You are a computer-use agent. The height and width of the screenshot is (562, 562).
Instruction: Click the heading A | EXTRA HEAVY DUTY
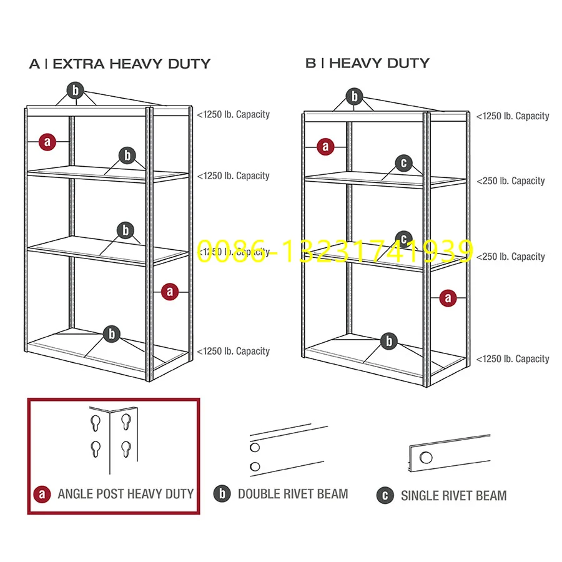tap(120, 64)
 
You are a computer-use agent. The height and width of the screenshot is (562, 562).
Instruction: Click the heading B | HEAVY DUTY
tap(367, 63)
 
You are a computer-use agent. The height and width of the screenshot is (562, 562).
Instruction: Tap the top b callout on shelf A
tap(76, 91)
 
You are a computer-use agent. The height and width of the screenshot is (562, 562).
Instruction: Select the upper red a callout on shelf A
tap(47, 142)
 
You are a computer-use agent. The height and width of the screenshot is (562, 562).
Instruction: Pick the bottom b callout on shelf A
tap(112, 333)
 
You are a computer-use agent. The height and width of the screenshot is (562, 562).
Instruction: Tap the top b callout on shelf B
tap(355, 96)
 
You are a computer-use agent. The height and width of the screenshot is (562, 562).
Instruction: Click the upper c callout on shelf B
tap(404, 164)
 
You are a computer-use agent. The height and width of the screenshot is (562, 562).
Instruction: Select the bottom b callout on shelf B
tap(389, 340)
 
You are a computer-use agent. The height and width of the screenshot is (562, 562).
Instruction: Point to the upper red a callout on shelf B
tap(325, 147)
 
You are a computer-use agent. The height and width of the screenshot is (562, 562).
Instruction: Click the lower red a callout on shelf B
tap(447, 298)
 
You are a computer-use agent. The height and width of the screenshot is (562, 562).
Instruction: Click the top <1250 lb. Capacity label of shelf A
tap(234, 114)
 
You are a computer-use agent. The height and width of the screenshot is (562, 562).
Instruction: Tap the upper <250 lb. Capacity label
tap(511, 181)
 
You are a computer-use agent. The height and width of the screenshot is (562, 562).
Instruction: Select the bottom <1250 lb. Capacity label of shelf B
tap(513, 358)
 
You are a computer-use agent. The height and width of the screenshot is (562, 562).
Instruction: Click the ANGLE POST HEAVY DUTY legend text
tap(126, 494)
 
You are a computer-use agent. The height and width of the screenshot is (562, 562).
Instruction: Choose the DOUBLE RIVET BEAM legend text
tap(293, 494)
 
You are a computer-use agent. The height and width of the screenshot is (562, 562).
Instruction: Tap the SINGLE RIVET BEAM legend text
tap(453, 496)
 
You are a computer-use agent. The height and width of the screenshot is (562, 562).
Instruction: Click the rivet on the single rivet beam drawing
tap(426, 457)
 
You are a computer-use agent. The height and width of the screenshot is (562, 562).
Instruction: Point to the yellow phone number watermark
tap(335, 250)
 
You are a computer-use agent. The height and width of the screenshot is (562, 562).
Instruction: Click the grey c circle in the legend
tap(385, 496)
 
